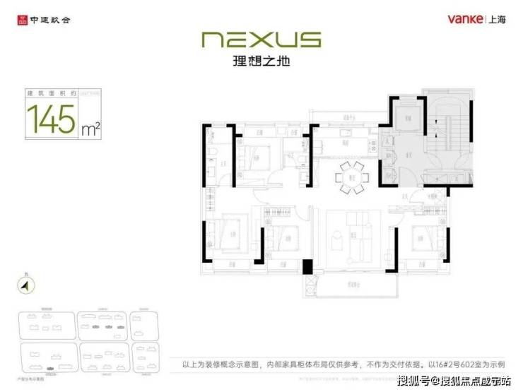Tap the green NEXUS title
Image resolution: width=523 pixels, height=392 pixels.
tap(261, 40)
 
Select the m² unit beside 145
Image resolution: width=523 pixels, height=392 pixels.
tap(90, 128)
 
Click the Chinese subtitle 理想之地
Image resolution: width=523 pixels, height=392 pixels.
tap(261, 62)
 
